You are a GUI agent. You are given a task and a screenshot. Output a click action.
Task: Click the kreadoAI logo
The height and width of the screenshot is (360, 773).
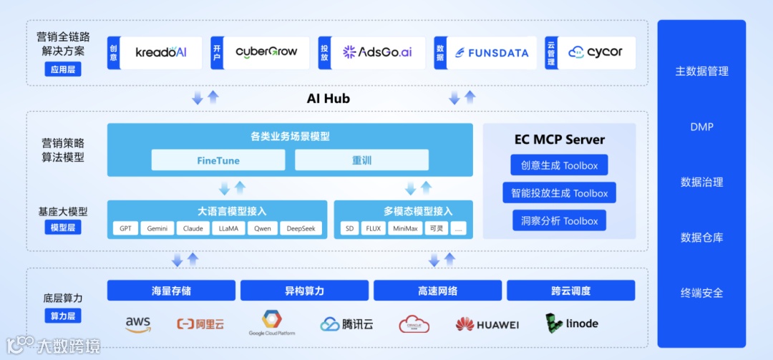161,52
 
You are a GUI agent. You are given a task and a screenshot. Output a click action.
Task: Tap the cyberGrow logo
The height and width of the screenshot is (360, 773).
266,52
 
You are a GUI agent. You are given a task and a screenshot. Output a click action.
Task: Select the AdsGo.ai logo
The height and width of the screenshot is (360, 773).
377,52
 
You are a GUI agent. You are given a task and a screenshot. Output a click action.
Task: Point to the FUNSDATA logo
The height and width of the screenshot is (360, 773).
492,52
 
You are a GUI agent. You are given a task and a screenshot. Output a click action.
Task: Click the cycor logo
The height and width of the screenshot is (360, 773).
595,52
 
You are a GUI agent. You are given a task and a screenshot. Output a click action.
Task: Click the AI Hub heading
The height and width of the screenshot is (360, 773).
329,99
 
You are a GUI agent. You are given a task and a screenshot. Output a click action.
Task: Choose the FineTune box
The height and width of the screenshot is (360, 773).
218,160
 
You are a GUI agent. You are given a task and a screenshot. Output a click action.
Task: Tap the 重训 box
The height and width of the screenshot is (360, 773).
361,160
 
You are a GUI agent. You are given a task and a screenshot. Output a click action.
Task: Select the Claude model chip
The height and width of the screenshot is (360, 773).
193,229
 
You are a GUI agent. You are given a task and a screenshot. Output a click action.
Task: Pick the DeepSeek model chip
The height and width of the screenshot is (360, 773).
301,229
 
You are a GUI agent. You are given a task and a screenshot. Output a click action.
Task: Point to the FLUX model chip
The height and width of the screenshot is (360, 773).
373,229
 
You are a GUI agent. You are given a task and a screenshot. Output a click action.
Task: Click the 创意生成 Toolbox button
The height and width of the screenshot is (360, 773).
559,165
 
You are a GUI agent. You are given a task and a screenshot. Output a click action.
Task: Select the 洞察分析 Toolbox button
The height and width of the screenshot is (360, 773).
559,220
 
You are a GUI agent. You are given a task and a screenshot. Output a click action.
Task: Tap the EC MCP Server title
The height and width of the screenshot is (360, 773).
559,140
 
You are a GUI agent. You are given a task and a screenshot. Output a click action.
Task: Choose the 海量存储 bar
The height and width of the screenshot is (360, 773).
171,291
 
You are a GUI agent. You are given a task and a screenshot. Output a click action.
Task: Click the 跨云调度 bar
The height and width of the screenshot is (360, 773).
570,291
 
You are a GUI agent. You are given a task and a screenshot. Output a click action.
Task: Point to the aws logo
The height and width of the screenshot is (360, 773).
138,324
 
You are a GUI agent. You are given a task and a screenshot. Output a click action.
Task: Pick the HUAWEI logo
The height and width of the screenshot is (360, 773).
487,324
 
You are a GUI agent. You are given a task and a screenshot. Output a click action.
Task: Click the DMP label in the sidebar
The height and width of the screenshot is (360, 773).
701,127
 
